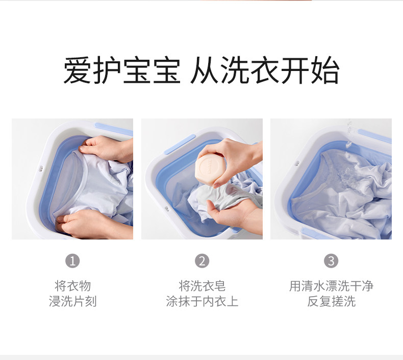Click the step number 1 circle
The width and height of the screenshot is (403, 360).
pos(72,261)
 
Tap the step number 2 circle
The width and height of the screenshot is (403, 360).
pos(202,261)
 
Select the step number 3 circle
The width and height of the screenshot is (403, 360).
pos(331,261)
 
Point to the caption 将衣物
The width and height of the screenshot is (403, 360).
pos(73,286)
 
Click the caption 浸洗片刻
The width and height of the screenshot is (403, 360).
pos(73,301)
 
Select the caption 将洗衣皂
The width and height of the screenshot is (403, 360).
pos(202,286)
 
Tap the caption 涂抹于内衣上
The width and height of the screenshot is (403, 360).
pos(202,301)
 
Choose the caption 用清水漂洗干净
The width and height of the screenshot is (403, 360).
pos(331,286)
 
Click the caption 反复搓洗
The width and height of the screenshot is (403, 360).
pos(331,301)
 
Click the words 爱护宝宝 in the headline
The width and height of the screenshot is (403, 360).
pos(122,70)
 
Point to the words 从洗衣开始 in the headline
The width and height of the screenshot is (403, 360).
pos(265,70)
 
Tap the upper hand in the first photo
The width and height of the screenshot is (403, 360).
pos(106,149)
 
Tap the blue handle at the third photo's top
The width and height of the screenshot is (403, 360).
pos(375,136)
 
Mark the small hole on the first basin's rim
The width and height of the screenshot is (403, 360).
pos(41,169)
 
